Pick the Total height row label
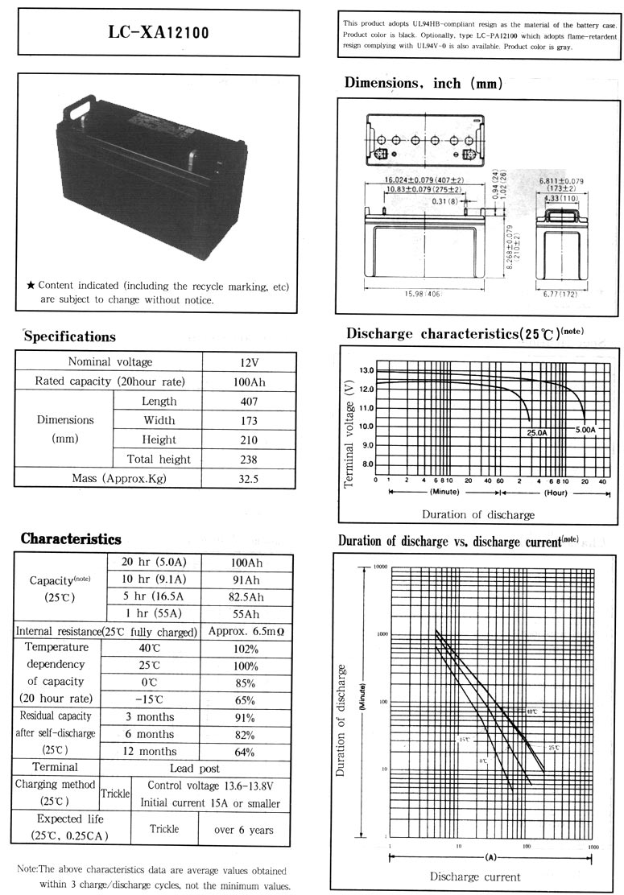[159, 459]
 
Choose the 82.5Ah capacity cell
[245, 596]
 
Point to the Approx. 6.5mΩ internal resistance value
[246, 632]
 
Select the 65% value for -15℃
[245, 699]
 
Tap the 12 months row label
[150, 752]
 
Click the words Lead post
[195, 769]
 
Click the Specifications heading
[70, 336]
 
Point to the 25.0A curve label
[536, 432]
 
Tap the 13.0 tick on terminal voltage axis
[366, 371]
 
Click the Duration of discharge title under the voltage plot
[477, 514]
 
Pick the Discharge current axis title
[475, 876]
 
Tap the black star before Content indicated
[31, 286]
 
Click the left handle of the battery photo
[81, 105]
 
